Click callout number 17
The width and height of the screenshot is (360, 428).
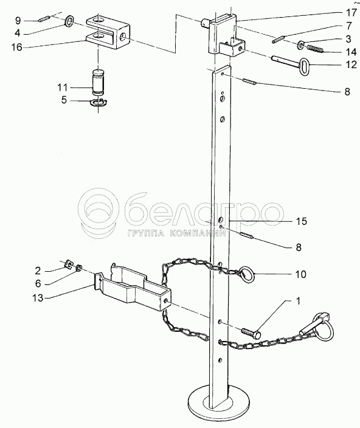point(352,13)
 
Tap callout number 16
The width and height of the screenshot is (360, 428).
point(16,47)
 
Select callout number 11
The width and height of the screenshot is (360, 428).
point(62,88)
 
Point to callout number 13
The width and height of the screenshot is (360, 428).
point(38,298)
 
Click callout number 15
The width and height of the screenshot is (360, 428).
point(302,221)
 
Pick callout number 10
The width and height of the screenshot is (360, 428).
point(301,274)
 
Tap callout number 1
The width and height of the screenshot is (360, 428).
point(298,301)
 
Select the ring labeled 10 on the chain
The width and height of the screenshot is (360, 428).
point(247,275)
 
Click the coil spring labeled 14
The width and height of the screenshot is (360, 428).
point(315,49)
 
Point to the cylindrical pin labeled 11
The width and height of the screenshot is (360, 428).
point(99,82)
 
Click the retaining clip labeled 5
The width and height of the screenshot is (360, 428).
point(99,103)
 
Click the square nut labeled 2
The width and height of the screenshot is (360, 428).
point(68,264)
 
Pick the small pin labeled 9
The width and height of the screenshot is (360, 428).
point(44,19)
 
